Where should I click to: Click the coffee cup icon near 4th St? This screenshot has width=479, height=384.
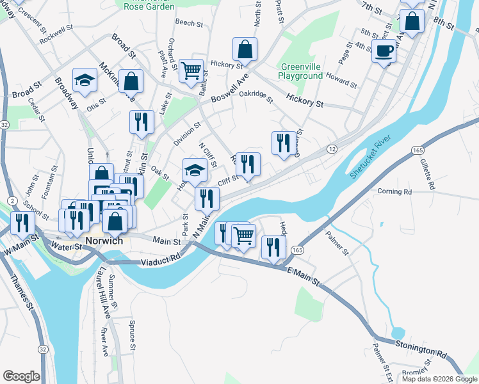pos(384,51)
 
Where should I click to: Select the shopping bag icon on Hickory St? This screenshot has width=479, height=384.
pos(245,49)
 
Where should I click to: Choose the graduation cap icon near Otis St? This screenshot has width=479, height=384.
pos(85,80)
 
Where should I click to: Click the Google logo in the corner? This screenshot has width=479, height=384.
pos(20,376)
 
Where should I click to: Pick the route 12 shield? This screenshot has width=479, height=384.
pos(332,148)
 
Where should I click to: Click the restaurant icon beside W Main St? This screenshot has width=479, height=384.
pos(22,223)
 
